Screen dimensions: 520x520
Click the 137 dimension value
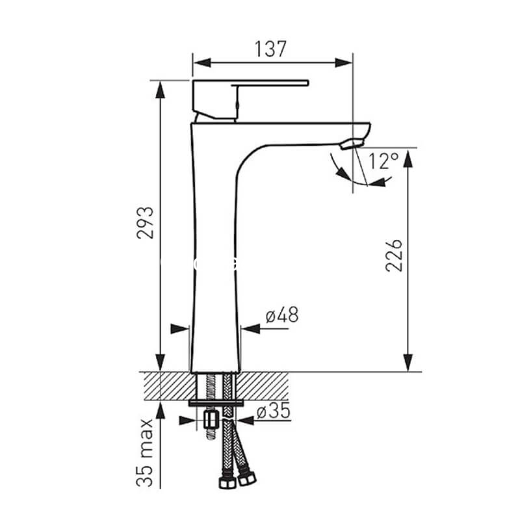[x=270, y=49]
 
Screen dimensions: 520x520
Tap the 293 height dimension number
[x=145, y=222]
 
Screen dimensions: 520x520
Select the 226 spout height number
[x=394, y=255]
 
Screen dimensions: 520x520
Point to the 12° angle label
[x=383, y=161]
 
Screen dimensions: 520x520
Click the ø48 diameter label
[x=282, y=315]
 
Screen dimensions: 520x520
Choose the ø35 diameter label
[x=274, y=411]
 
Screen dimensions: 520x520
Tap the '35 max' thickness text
[x=145, y=453]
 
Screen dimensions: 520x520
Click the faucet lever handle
[x=250, y=99]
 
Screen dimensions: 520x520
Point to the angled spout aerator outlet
[x=352, y=144]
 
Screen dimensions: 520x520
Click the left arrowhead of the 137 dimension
[x=201, y=62]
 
